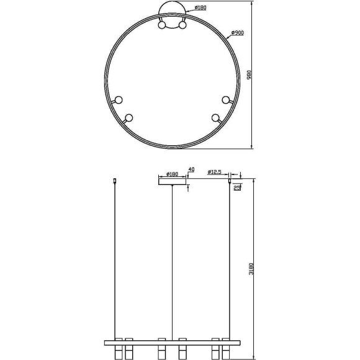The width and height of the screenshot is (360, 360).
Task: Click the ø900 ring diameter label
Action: point(236,33)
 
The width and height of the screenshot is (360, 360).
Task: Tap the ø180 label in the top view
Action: point(200,8)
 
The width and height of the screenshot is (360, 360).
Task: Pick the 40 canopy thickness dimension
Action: point(191,169)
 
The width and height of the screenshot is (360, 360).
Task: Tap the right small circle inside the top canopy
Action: point(182,26)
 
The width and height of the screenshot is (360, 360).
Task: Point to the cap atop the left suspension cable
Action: point(115,181)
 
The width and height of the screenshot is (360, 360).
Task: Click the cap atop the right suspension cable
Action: point(230,181)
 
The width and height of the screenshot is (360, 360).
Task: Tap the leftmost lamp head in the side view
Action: point(115,348)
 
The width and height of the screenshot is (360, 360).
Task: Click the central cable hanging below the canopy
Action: point(172,261)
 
